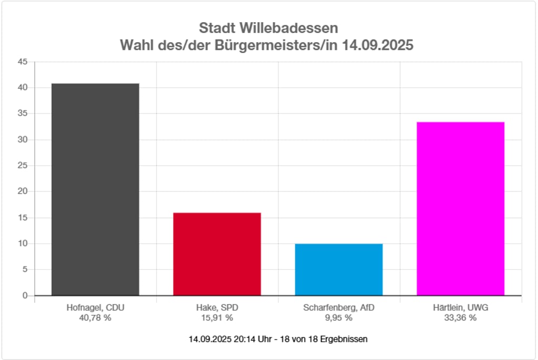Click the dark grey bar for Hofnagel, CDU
click(95, 189)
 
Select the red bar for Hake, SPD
click(217, 254)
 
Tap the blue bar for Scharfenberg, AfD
click(339, 269)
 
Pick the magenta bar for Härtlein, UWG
click(460, 209)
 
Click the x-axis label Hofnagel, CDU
click(95, 308)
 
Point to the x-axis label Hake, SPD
click(217, 308)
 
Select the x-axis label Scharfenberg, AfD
click(339, 308)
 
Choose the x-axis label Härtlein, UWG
click(460, 308)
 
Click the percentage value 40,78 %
click(95, 317)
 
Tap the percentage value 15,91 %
click(217, 317)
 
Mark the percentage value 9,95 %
click(339, 317)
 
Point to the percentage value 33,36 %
click(460, 317)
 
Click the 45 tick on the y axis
click(23, 61)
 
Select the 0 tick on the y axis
click(25, 295)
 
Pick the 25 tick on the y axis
click(23, 166)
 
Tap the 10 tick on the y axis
click(23, 243)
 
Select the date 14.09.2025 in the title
click(377, 45)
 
